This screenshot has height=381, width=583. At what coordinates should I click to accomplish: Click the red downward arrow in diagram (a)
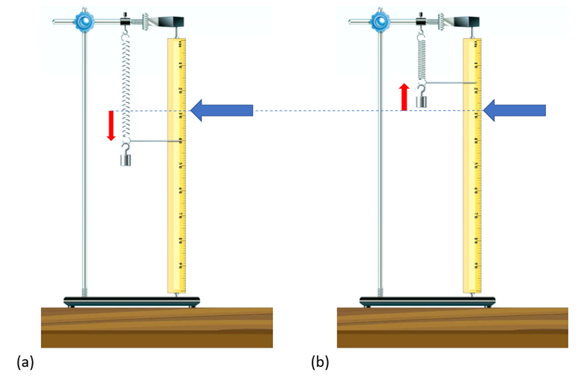point(111,125)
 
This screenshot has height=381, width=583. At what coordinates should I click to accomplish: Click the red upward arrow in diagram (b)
point(404,97)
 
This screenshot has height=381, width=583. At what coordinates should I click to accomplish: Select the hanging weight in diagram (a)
point(126,160)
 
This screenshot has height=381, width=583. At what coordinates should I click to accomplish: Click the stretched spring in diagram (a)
point(126,85)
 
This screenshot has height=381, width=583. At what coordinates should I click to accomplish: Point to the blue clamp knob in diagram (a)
point(84,21)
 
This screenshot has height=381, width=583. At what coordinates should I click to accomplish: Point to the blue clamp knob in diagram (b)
point(380,21)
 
